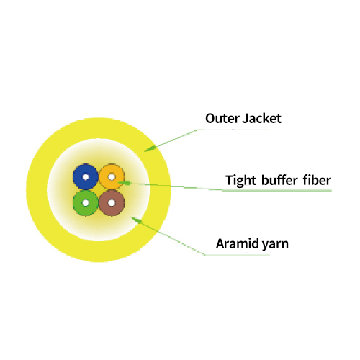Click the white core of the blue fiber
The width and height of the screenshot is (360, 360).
(x=86, y=177)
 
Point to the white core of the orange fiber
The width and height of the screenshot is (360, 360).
(x=112, y=177)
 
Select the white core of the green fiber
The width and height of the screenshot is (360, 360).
(x=86, y=203)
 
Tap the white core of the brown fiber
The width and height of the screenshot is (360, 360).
(x=112, y=203)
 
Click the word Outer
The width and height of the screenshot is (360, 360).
(x=222, y=119)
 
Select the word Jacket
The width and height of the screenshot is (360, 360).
(x=262, y=119)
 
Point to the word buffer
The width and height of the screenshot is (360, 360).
(x=279, y=180)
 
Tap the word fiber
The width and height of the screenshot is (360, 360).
(x=317, y=180)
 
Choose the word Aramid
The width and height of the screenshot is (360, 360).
(x=237, y=243)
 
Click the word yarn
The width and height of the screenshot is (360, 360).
(x=275, y=245)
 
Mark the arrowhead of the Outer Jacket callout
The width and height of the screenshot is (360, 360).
(x=149, y=149)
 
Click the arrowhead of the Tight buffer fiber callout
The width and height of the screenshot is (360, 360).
(x=124, y=183)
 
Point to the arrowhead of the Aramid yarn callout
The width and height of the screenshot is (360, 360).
(x=135, y=220)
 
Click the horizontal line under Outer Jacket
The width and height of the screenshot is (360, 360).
(x=233, y=130)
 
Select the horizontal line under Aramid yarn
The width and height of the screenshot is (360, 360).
(x=238, y=256)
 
